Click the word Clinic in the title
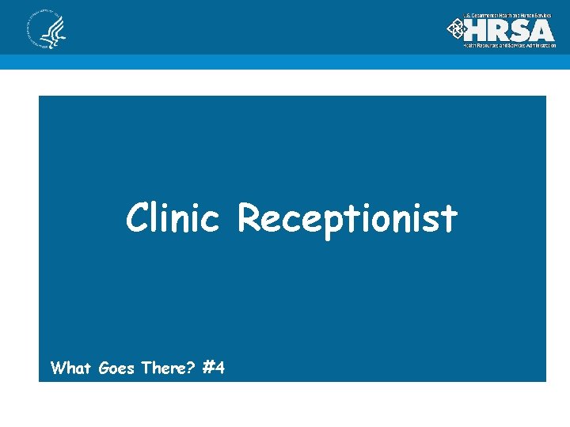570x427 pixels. pyautogui.click(x=172, y=217)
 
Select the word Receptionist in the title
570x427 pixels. pyautogui.click(x=348, y=218)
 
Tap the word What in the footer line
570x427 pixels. pyautogui.click(x=72, y=368)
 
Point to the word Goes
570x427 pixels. pyautogui.click(x=118, y=368)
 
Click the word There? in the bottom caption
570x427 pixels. pyautogui.click(x=168, y=368)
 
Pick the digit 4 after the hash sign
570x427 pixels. pyautogui.click(x=219, y=368)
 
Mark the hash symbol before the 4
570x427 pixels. pyautogui.click(x=209, y=368)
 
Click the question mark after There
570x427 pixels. pyautogui.click(x=192, y=368)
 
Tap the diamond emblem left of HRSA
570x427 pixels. pyautogui.click(x=457, y=29)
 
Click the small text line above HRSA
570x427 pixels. pyautogui.click(x=508, y=16)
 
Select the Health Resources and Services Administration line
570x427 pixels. pyautogui.click(x=509, y=46)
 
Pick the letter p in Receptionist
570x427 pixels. pyautogui.click(x=326, y=221)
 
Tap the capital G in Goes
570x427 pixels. pyautogui.click(x=105, y=368)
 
